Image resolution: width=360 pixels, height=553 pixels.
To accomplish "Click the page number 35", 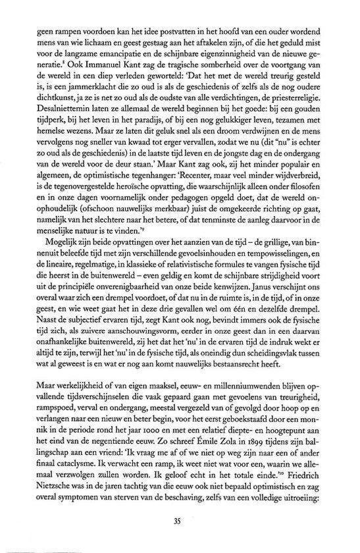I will (x=180, y=522).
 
